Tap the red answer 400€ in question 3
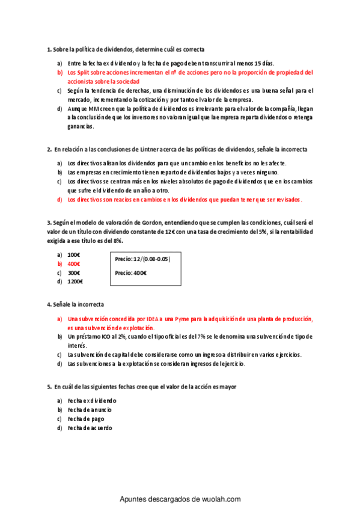[x=74, y=264]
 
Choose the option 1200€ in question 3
[x=75, y=281]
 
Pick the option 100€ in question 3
[x=74, y=255]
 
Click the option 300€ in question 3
[x=74, y=272]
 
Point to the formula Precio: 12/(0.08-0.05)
[x=142, y=259]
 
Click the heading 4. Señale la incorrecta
[x=75, y=304]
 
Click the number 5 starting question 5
[x=48, y=386]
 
